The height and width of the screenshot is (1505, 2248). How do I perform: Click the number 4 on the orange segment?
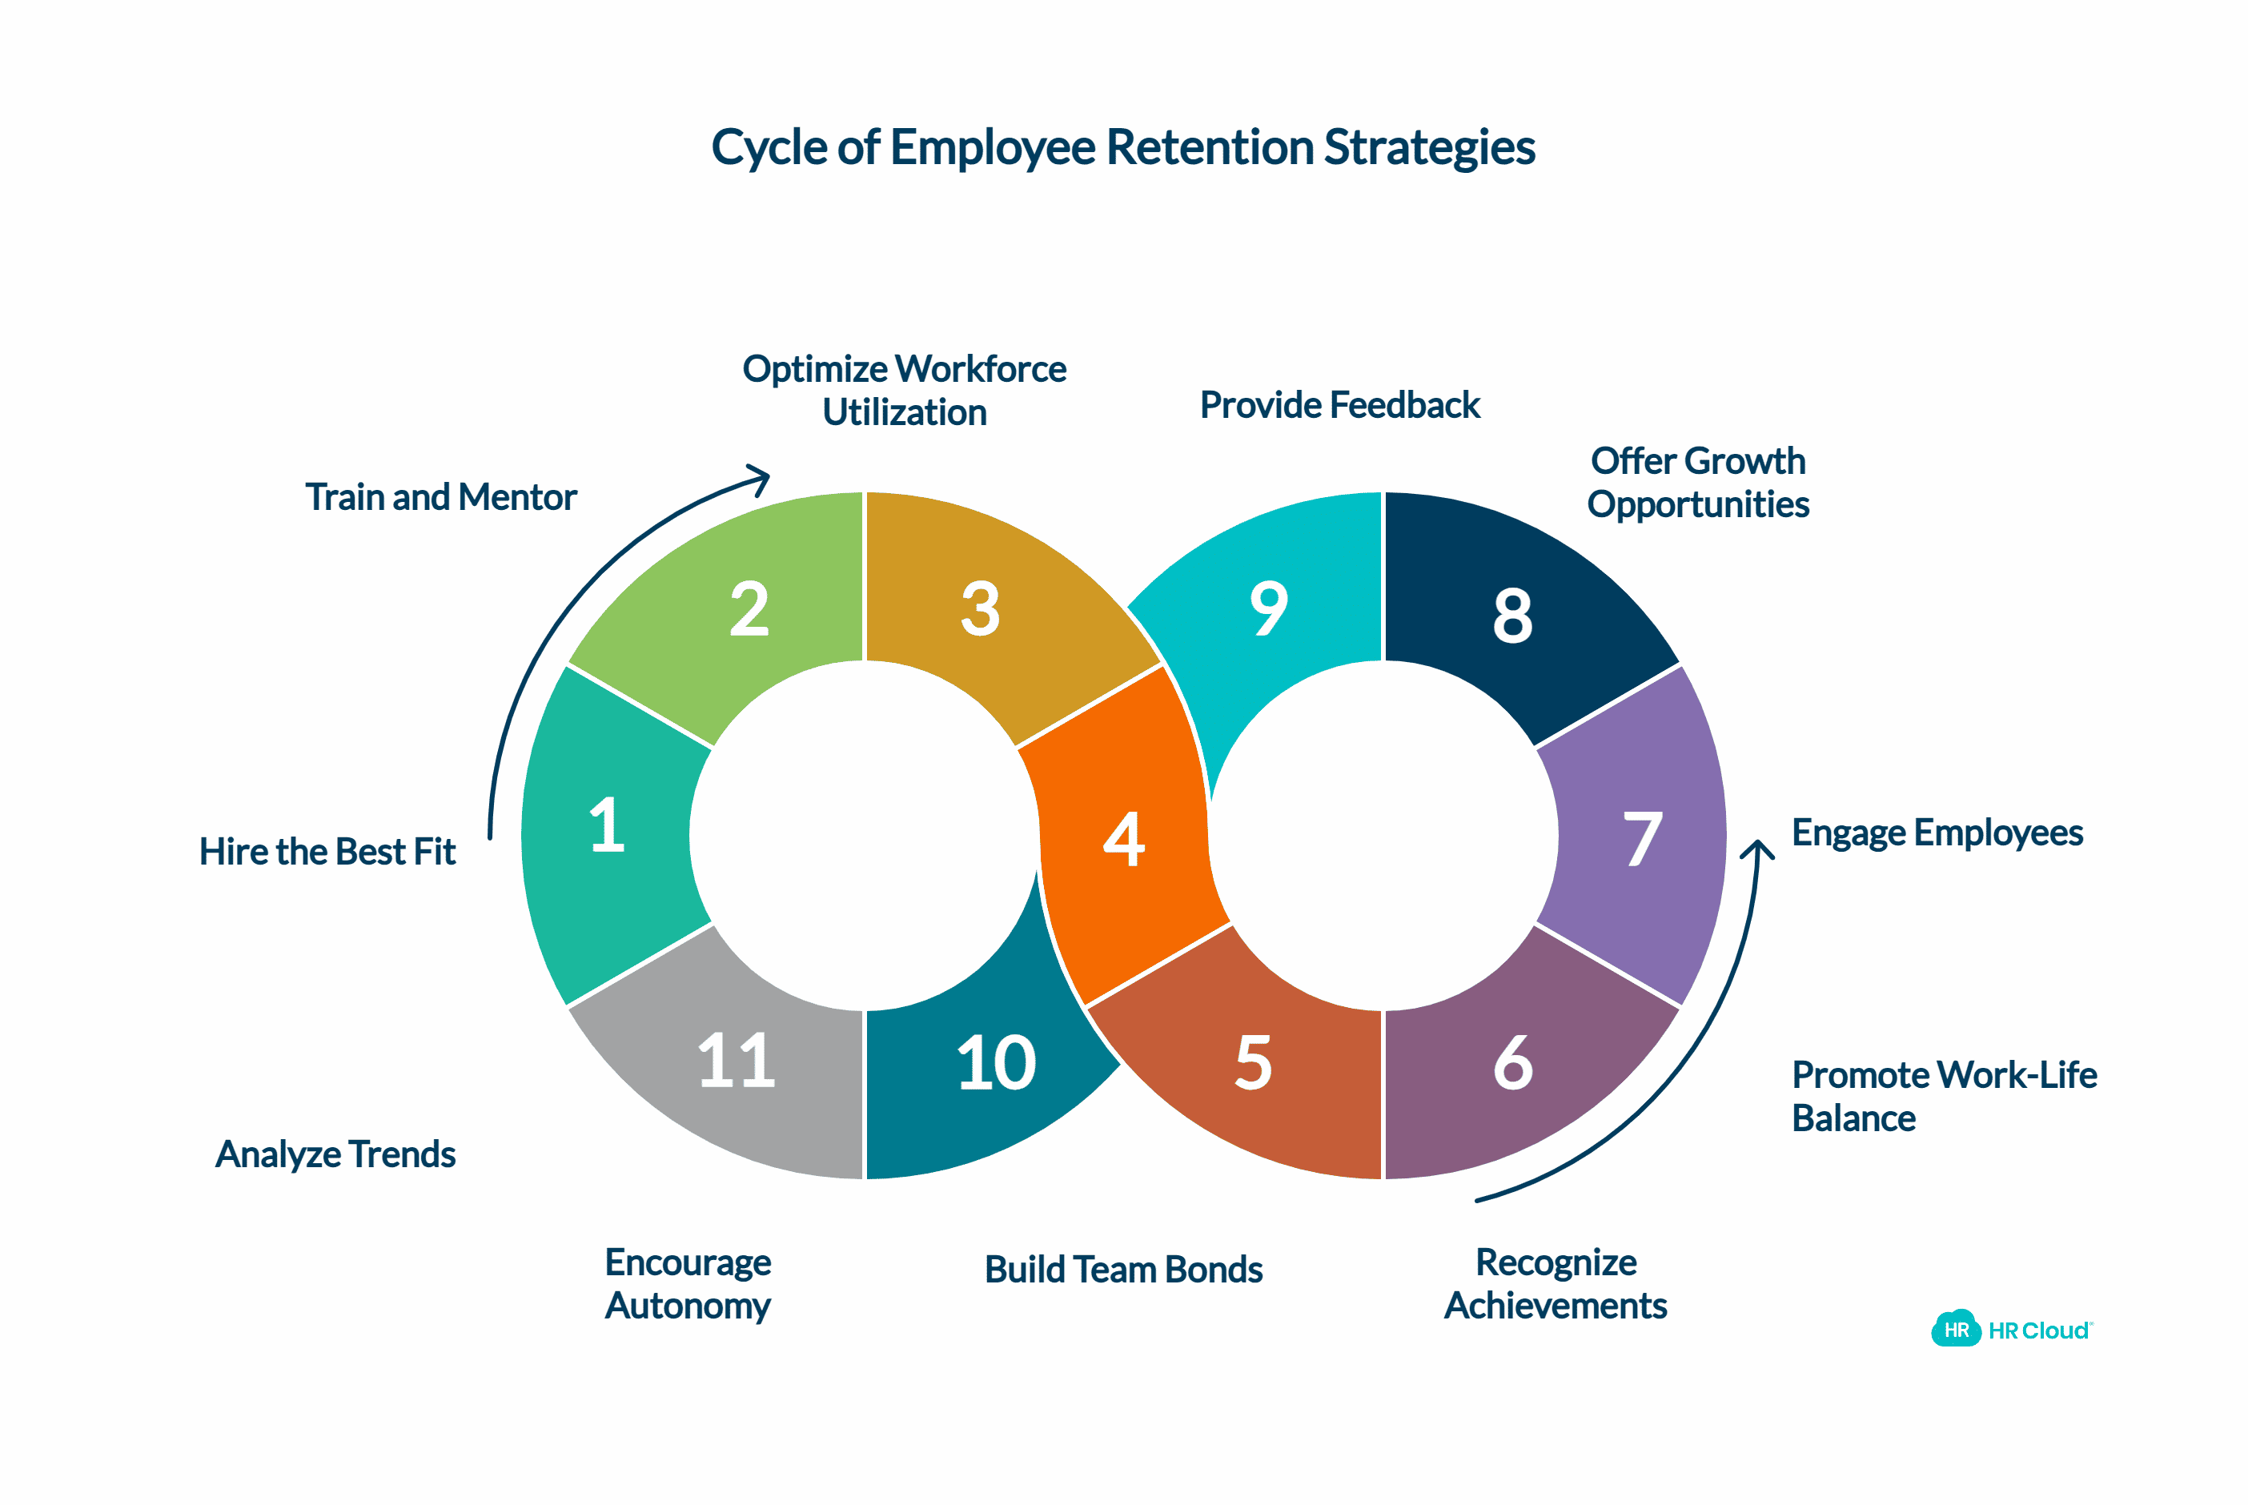(1123, 839)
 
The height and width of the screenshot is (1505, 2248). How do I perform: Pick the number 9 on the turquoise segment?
(1268, 608)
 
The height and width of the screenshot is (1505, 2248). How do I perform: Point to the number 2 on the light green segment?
(749, 608)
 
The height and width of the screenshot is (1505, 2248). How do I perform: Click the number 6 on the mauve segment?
(1513, 1062)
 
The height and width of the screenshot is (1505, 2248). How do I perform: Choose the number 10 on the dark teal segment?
(997, 1062)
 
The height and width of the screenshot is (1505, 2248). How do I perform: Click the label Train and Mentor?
(440, 497)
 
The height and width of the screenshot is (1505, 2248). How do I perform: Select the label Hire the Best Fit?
(327, 851)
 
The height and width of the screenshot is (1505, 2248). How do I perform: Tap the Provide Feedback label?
(1339, 405)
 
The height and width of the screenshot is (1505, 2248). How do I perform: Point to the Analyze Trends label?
(335, 1154)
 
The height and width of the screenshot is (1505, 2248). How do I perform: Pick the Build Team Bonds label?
(1123, 1269)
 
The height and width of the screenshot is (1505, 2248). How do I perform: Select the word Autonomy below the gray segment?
(687, 1306)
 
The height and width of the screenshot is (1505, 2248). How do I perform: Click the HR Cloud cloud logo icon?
(1955, 1330)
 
